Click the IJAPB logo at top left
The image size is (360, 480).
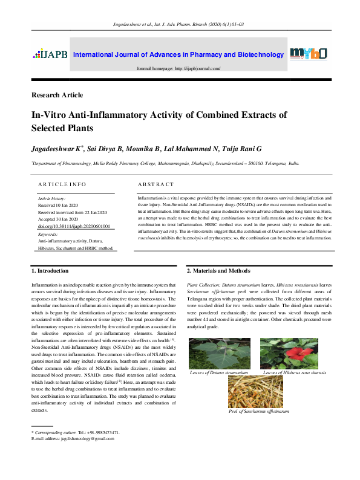pyautogui.click(x=50, y=54)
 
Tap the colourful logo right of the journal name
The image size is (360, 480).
pyautogui.click(x=309, y=54)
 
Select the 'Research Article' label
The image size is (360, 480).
pyautogui.click(x=57, y=95)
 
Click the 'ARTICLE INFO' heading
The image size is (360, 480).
pyautogui.click(x=62, y=184)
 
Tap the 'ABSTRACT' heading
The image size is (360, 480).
pyautogui.click(x=156, y=184)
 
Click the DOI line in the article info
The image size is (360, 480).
pyautogui.click(x=74, y=225)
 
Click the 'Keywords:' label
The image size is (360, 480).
pyautogui.click(x=48, y=233)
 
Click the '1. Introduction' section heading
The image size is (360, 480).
pyautogui.click(x=50, y=271)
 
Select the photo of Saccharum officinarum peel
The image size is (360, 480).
pyautogui.click(x=258, y=393)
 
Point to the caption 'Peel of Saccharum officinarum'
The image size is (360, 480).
pyautogui.click(x=258, y=412)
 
